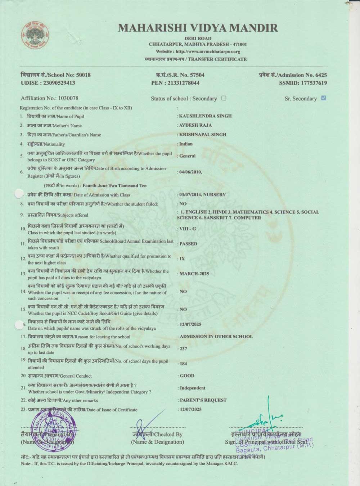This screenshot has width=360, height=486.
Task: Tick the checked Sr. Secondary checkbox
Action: coord(323,98)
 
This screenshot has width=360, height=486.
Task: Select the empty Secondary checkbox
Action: coord(224,98)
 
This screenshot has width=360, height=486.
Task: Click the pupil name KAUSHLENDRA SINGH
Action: coord(205,116)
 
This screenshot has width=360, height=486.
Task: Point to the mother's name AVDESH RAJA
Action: coord(195,125)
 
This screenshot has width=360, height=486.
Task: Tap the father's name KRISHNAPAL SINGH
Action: coord(203,135)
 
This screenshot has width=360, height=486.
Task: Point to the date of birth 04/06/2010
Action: coord(190,172)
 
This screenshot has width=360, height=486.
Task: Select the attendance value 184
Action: coord(184,364)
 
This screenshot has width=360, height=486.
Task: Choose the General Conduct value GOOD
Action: coord(187,376)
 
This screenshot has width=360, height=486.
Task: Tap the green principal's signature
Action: coord(268,418)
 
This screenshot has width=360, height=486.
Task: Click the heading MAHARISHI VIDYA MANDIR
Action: coord(198,28)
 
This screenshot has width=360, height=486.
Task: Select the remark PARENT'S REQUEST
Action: coord(203,400)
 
